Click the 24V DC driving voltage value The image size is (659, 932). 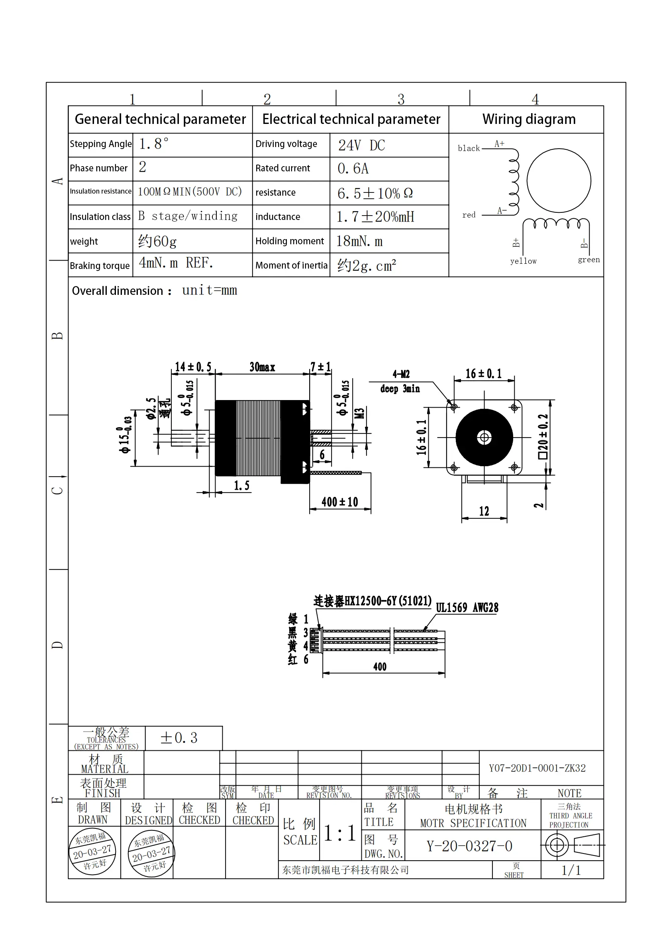click(x=361, y=145)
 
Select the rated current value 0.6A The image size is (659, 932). click(x=353, y=169)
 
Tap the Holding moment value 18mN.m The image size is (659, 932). click(x=359, y=241)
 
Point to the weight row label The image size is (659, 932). click(x=84, y=241)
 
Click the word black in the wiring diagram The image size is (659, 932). click(x=469, y=149)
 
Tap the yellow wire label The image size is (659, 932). click(x=523, y=261)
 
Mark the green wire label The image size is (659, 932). click(x=588, y=260)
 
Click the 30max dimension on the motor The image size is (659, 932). click(x=262, y=367)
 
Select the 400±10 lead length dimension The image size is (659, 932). click(x=339, y=502)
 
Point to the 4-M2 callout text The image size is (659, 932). click(x=401, y=374)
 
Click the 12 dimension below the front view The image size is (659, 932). click(x=484, y=511)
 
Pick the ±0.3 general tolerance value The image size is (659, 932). click(x=179, y=738)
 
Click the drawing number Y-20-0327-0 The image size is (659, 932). click(x=469, y=846)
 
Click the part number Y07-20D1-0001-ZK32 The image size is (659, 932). click(x=537, y=768)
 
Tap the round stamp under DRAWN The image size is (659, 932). click(x=93, y=852)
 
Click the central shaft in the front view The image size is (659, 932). click(x=484, y=438)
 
